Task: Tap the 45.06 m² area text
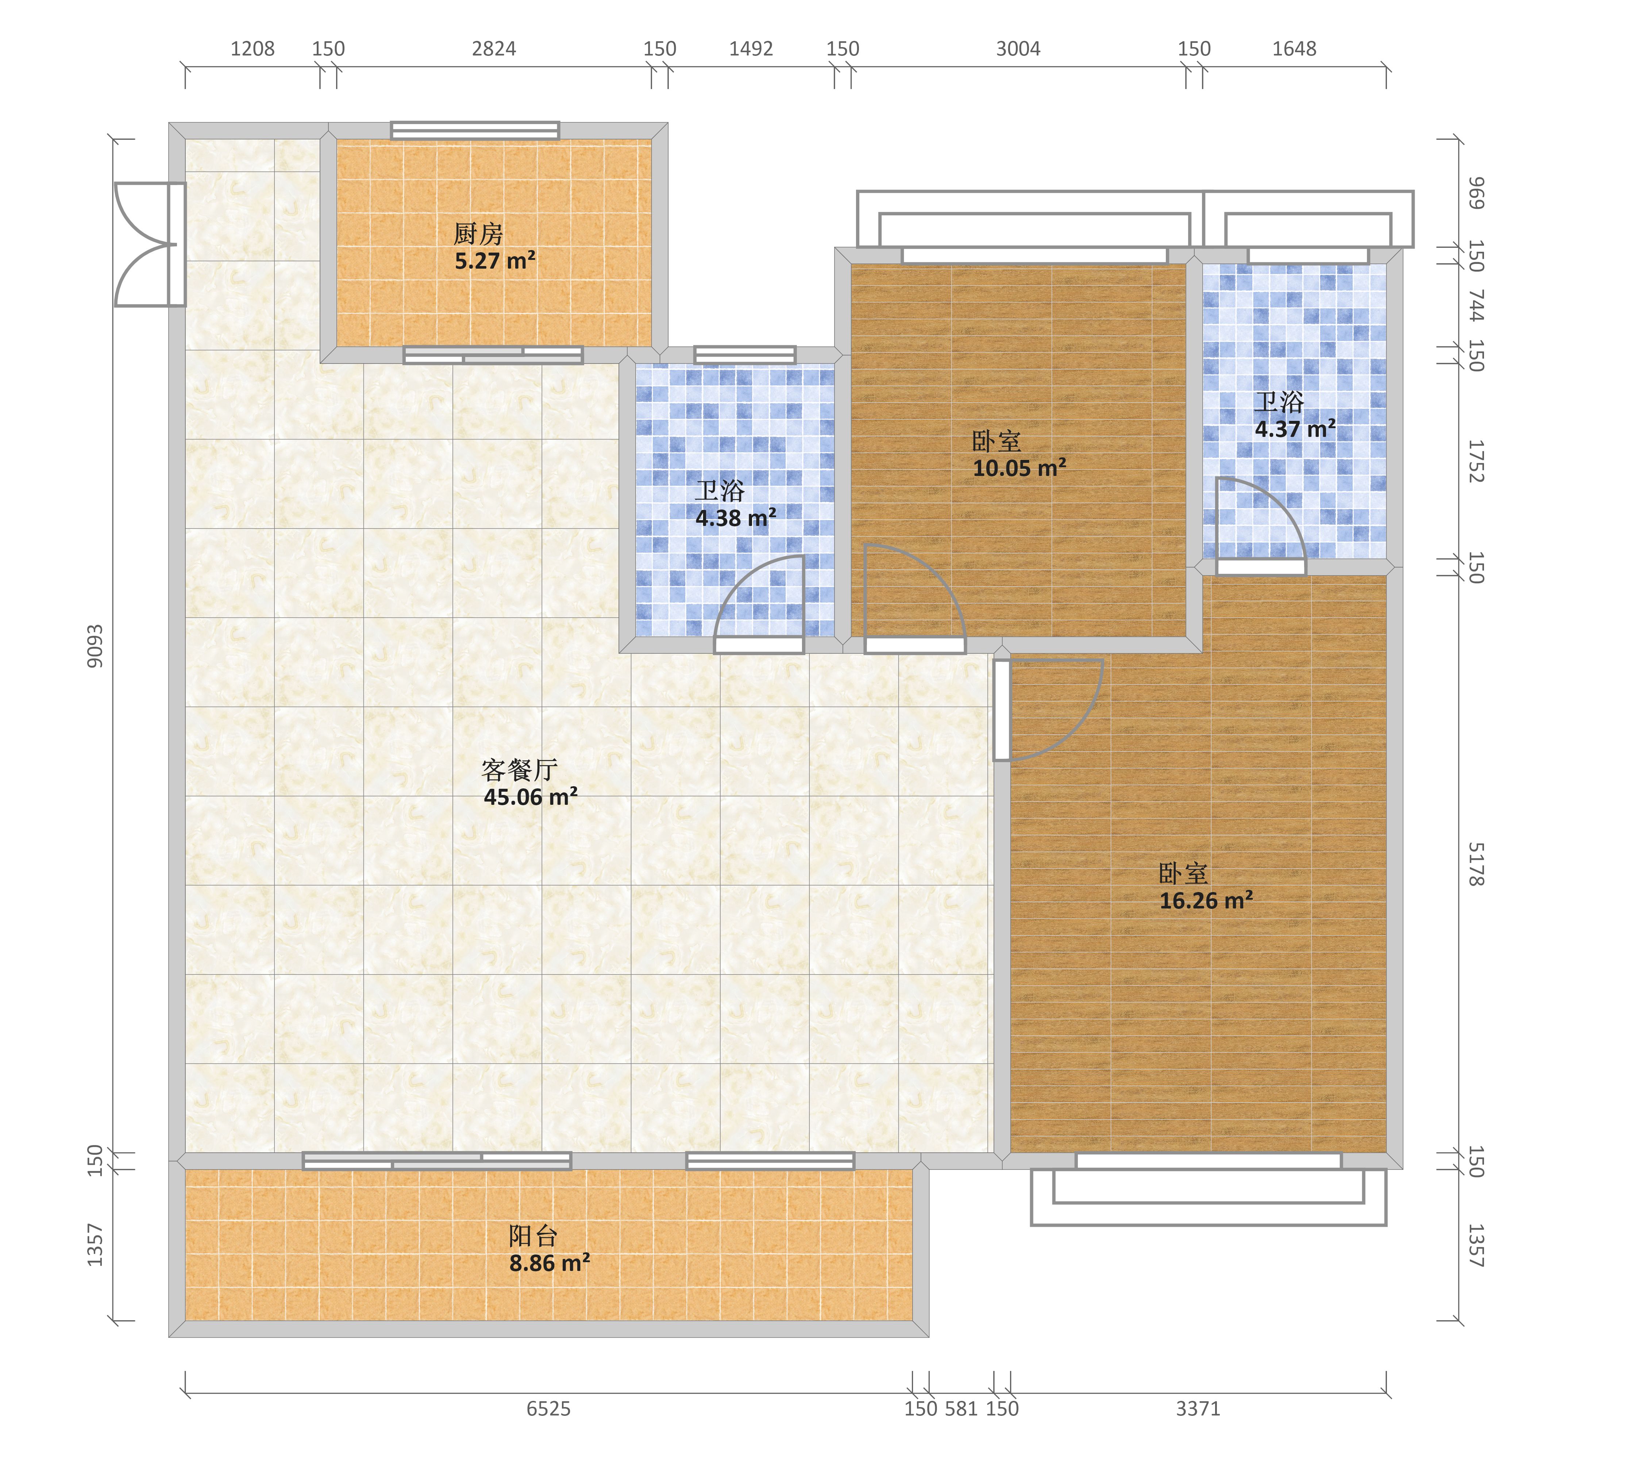530,797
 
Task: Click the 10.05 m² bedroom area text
1019,468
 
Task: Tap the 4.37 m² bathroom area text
1295,428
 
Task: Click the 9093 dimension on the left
95,646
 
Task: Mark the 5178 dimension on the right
1476,865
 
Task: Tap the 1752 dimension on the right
1476,461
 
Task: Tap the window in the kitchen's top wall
475,130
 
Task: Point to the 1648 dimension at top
1294,49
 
